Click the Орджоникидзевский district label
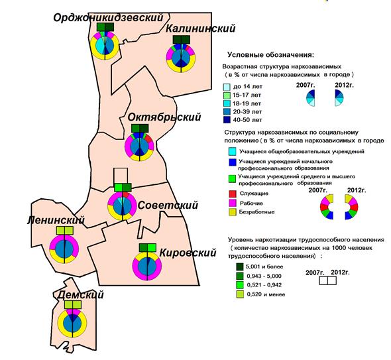point(108,18)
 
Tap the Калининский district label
point(201,29)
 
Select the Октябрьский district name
point(164,117)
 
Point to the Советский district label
point(168,205)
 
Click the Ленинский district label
point(56,220)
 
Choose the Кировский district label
point(188,253)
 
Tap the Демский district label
point(80,295)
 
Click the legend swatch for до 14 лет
point(227,87)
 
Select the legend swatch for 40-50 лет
point(227,120)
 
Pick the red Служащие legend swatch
point(232,194)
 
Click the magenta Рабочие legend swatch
point(232,203)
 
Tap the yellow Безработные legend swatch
point(232,212)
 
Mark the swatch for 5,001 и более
point(240,267)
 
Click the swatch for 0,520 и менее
point(240,294)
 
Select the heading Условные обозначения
point(271,54)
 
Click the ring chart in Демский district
point(72,324)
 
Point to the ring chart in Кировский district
point(147,266)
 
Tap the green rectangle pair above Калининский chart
point(182,39)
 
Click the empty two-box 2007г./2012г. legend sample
point(327,280)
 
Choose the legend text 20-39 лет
point(247,112)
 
